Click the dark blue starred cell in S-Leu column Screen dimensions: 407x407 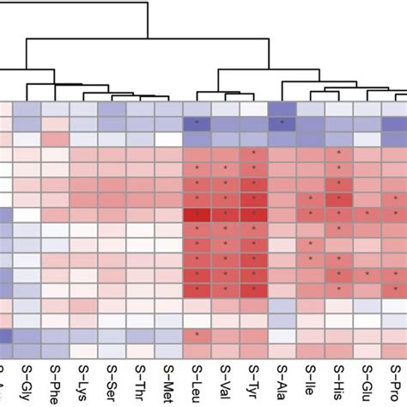coord(197,124)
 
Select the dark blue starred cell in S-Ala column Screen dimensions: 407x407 coord(282,124)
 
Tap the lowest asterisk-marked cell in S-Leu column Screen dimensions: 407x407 coord(197,335)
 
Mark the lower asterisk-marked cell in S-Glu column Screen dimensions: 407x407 coord(367,274)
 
